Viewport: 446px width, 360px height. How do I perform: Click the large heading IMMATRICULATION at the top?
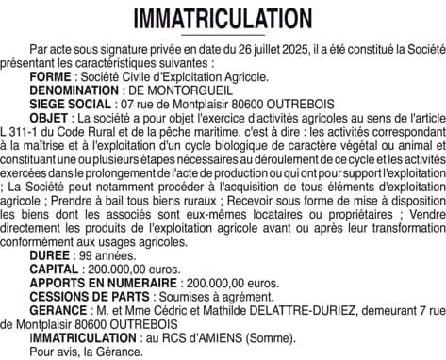click(223, 19)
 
